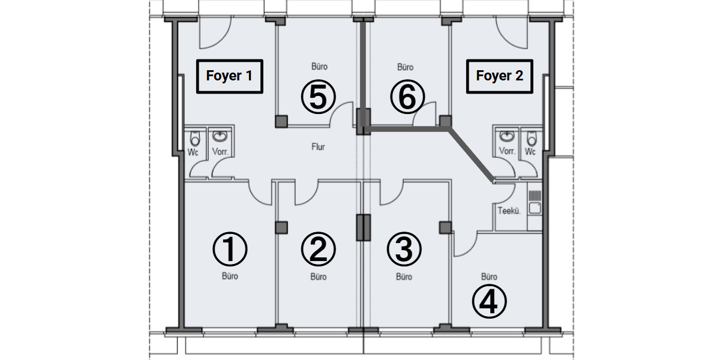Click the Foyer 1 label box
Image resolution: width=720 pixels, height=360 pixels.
tap(229, 76)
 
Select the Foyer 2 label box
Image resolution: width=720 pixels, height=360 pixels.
tap(499, 76)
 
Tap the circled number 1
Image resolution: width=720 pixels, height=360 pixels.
tap(230, 250)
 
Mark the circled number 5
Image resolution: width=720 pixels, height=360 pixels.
tap(318, 97)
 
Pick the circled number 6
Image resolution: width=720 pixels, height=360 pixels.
tap(407, 97)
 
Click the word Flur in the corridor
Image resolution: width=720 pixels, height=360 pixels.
tap(318, 147)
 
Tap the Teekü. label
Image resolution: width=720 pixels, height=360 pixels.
tap(508, 211)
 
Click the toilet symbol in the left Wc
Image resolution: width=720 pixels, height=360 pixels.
tap(194, 137)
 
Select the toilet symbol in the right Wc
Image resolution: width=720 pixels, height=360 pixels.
tap(530, 137)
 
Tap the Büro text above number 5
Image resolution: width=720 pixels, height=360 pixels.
tap(319, 67)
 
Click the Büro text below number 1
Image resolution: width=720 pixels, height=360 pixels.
tap(230, 277)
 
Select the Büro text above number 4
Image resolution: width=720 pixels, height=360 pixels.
tap(489, 277)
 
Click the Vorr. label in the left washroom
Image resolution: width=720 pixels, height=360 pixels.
tap(220, 152)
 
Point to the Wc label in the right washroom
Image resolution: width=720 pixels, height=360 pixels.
tap(530, 152)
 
